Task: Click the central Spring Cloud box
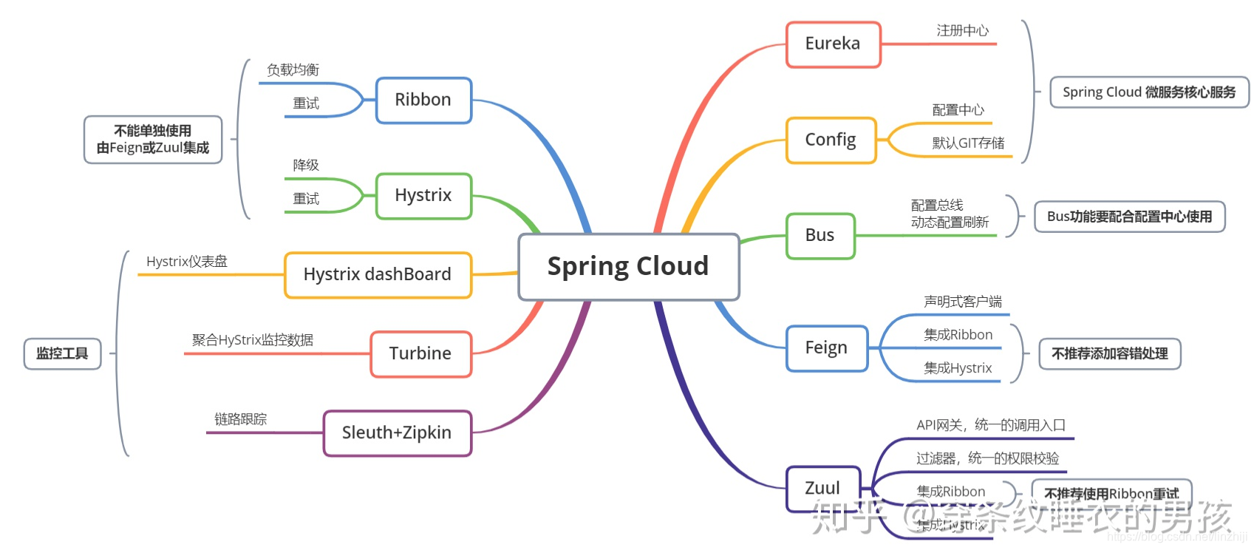pyautogui.click(x=628, y=267)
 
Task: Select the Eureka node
pyautogui.click(x=833, y=44)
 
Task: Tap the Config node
pyautogui.click(x=831, y=140)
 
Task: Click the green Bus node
pyautogui.click(x=820, y=236)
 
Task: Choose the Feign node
pyautogui.click(x=826, y=348)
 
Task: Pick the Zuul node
pyautogui.click(x=823, y=489)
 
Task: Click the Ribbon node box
pyautogui.click(x=423, y=101)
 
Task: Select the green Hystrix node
pyautogui.click(x=423, y=196)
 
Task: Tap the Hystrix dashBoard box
pyautogui.click(x=378, y=275)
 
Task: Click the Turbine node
pyautogui.click(x=420, y=354)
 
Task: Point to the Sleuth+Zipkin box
pyautogui.click(x=397, y=433)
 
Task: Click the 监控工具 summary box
pyautogui.click(x=62, y=354)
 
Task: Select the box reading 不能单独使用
pyautogui.click(x=153, y=140)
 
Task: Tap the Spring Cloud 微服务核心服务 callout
pyautogui.click(x=1149, y=92)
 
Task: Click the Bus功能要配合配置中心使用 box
pyautogui.click(x=1129, y=217)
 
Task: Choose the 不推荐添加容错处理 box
pyautogui.click(x=1110, y=354)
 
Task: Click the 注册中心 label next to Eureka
pyautogui.click(x=962, y=31)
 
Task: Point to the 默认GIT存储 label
pyautogui.click(x=968, y=143)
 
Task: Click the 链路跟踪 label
pyautogui.click(x=240, y=420)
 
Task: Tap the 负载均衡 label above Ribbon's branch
pyautogui.click(x=293, y=70)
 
